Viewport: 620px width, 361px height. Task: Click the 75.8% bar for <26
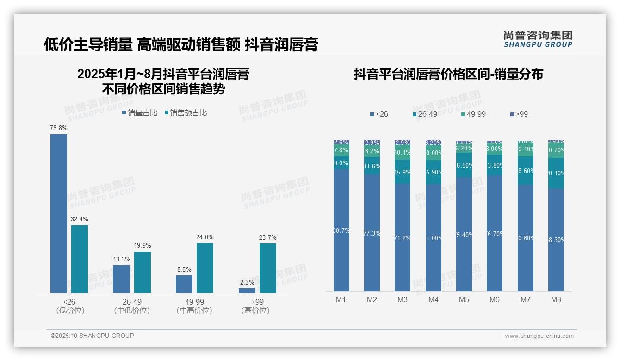(59, 213)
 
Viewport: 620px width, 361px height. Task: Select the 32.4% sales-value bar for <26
(80, 259)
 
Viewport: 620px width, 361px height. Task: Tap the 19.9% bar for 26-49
(143, 272)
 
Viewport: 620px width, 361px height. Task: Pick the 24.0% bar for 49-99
(205, 268)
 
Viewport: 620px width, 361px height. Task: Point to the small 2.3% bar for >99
(247, 291)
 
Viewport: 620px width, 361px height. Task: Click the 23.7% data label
(268, 238)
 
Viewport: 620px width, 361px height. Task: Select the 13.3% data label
(122, 260)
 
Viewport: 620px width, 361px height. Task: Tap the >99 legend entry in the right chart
(519, 114)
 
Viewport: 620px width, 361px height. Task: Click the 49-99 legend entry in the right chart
(473, 114)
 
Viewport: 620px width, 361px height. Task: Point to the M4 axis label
(433, 299)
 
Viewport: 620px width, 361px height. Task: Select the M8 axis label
(556, 299)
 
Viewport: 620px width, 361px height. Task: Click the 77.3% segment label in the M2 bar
(372, 234)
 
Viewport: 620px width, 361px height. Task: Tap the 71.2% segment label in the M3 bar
(403, 238)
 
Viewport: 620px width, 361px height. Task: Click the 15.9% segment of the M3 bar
(403, 172)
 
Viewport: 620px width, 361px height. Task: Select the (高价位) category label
(255, 311)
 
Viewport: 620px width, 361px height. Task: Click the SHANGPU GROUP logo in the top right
(538, 39)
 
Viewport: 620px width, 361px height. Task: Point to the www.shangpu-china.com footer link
(539, 336)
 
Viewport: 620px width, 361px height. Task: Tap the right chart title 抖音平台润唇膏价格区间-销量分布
(448, 74)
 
